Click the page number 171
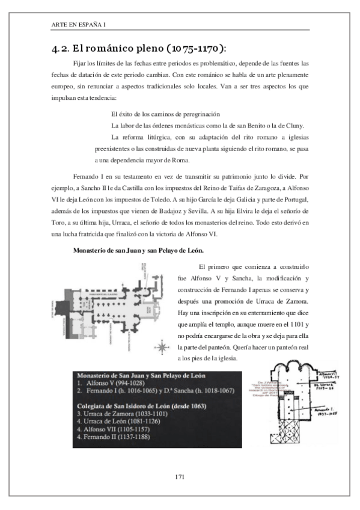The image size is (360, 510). [x=179, y=477]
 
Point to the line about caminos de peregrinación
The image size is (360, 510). [x=165, y=114]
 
